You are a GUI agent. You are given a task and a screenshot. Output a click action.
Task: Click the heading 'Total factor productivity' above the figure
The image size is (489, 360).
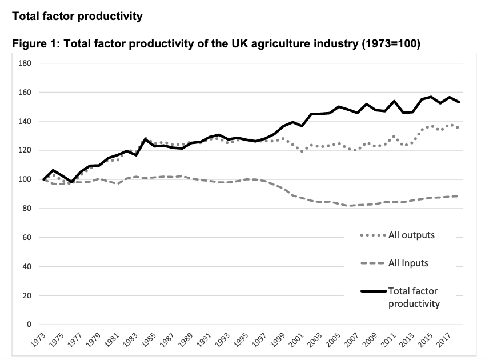77,16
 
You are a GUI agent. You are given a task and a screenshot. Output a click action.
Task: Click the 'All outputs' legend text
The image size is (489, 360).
411,235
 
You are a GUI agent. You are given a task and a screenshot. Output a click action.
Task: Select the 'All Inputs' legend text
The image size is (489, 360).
408,263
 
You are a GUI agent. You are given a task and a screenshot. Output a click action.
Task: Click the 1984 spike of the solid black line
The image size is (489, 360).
146,139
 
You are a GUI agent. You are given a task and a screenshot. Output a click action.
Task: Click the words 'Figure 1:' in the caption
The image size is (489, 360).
35,45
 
